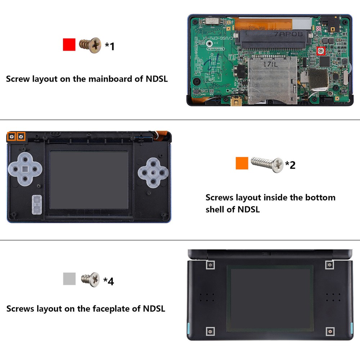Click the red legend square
(69, 45)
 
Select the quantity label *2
(290, 165)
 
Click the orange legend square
(242, 163)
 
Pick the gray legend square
(69, 279)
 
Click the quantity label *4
(108, 281)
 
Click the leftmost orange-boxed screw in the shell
(12, 136)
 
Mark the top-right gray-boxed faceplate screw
(329, 265)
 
